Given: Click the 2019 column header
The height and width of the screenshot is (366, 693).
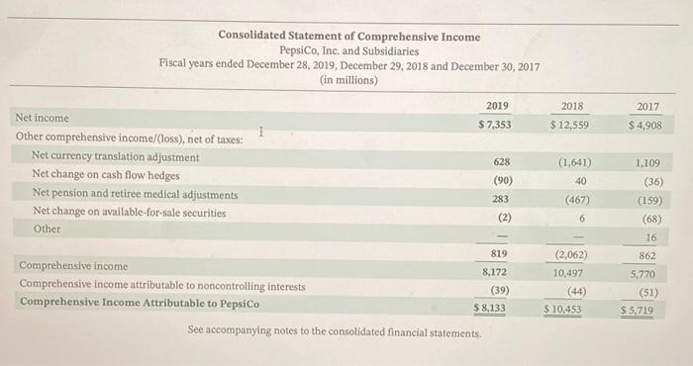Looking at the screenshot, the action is [x=497, y=106].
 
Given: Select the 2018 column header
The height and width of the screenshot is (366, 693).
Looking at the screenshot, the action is [x=571, y=106].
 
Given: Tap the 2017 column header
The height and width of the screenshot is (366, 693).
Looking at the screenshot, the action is [x=648, y=106].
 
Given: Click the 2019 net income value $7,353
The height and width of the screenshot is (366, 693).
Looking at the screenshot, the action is [x=494, y=125].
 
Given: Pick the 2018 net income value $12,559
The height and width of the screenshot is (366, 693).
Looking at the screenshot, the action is [x=570, y=125].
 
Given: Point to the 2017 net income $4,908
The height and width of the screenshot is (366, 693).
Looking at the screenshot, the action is [x=644, y=126].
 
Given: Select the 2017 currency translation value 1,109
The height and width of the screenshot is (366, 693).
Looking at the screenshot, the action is [x=649, y=162].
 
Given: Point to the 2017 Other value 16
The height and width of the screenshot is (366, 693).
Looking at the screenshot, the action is [x=650, y=237].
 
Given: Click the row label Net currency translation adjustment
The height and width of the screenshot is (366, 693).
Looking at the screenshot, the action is [x=115, y=157].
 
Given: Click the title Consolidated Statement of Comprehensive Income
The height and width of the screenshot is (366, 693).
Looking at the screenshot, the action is [x=349, y=37].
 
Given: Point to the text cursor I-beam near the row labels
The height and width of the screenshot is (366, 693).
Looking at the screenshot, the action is [x=260, y=132].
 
